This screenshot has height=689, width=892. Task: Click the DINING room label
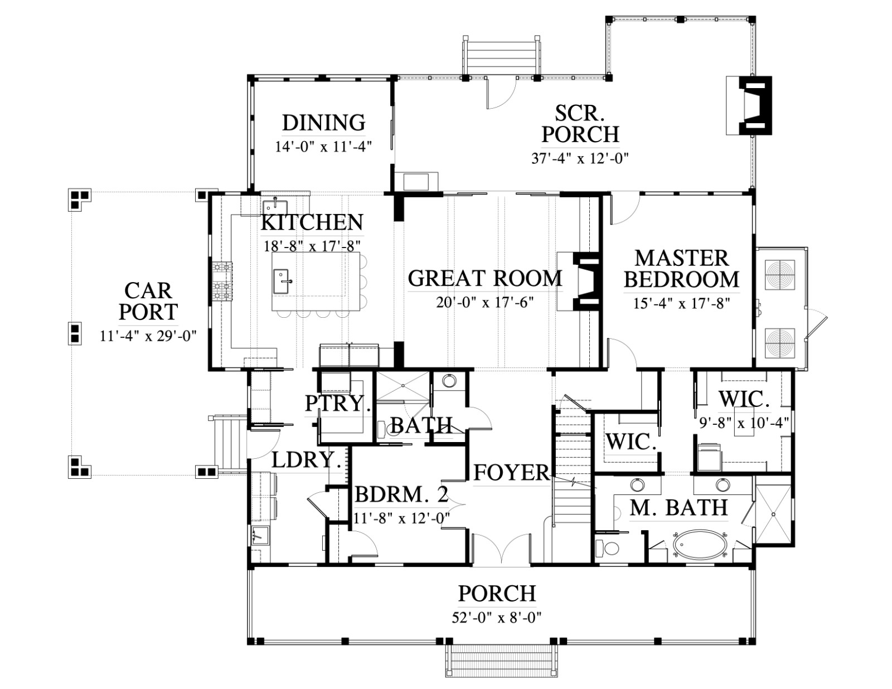click(323, 123)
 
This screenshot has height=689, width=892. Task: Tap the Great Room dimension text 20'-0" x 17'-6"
click(484, 303)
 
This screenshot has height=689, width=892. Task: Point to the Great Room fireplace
click(580, 281)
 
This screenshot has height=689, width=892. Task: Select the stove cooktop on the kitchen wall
click(222, 282)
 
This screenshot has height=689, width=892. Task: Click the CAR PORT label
click(148, 301)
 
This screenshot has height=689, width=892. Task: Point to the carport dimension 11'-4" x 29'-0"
click(148, 336)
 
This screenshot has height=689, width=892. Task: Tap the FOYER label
click(511, 472)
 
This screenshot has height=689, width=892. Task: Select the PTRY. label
click(338, 404)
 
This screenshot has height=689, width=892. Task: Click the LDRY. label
click(306, 459)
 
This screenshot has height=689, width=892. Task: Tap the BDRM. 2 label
click(401, 494)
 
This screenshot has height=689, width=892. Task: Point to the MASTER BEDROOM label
click(681, 269)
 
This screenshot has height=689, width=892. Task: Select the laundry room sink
click(260, 536)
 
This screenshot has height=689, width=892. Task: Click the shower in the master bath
click(773, 514)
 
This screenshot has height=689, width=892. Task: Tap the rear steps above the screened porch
click(501, 56)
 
